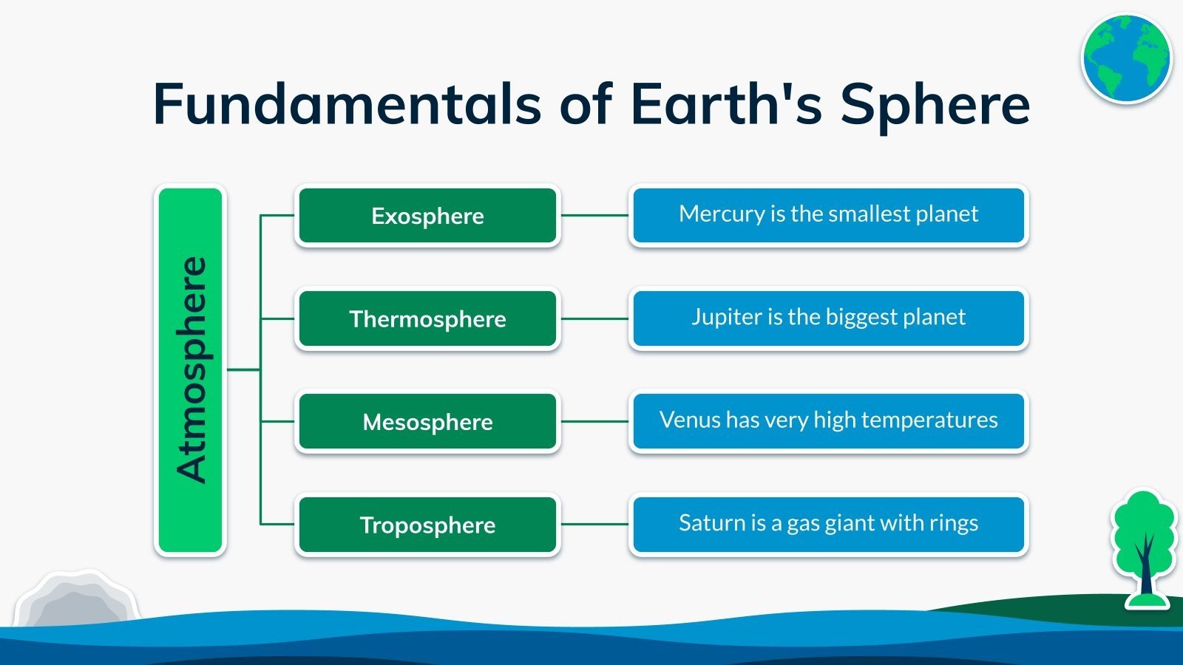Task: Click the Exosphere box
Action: coord(428,215)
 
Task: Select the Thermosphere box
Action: coord(428,318)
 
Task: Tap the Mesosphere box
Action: coord(428,422)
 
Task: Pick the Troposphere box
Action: coord(428,525)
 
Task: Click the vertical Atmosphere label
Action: coord(191,370)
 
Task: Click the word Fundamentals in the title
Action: coord(347,103)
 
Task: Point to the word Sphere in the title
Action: coord(935,106)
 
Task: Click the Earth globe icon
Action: coord(1127,58)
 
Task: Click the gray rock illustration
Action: coord(77,598)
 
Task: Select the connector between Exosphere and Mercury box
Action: coord(594,215)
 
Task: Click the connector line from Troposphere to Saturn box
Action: coord(594,524)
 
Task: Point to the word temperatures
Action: coord(929,420)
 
